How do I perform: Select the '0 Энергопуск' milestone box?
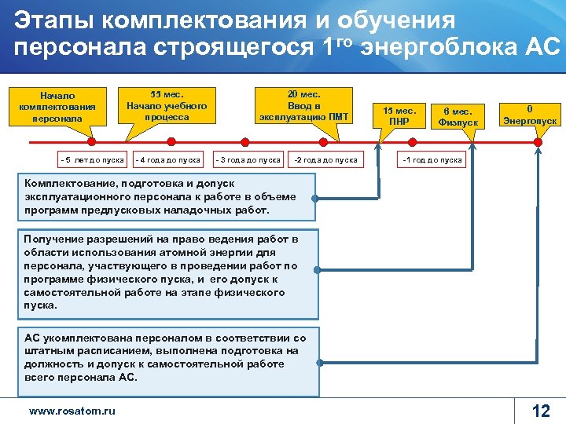pyautogui.click(x=530, y=115)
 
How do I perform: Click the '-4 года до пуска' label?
pyautogui.click(x=168, y=160)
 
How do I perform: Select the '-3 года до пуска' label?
pyautogui.click(x=248, y=160)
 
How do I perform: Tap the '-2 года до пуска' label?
pyautogui.click(x=325, y=160)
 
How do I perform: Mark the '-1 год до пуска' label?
pyautogui.click(x=432, y=160)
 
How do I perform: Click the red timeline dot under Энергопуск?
pyautogui.click(x=538, y=142)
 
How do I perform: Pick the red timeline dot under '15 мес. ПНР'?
pyautogui.click(x=380, y=142)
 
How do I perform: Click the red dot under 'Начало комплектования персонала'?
pyautogui.click(x=91, y=142)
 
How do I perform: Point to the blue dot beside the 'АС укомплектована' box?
pyautogui.click(x=320, y=363)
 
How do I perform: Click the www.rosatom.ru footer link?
pyautogui.click(x=72, y=410)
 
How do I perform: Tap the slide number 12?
pyautogui.click(x=541, y=410)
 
